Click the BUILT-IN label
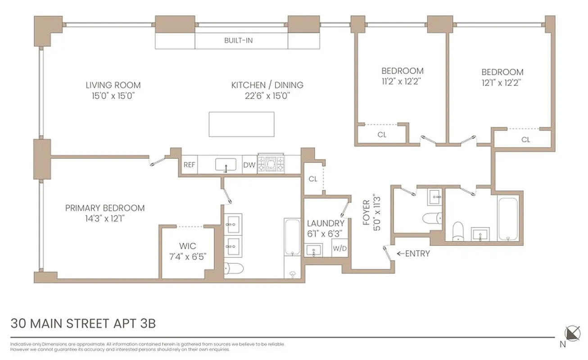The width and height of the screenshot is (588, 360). pos(238,40)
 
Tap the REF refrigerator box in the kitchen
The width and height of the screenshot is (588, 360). pos(189,165)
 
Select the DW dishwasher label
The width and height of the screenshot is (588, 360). pos(249,165)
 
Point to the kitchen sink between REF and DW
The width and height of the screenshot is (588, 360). pos(224,165)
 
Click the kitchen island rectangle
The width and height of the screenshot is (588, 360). pos(241,124)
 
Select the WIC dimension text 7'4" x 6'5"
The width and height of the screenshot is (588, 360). pos(187,256)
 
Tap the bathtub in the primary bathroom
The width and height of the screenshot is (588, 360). pos(292,248)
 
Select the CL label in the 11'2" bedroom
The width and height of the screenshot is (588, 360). pos(382,135)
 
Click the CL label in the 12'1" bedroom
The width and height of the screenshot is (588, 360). pos(525,139)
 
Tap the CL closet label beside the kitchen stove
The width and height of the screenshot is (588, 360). pos(313,179)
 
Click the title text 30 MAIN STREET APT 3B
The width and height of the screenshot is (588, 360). pos(83,324)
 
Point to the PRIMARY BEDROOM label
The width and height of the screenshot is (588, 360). pos(105,208)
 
